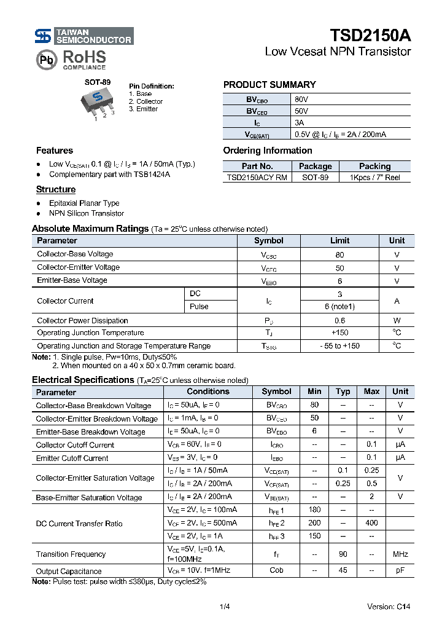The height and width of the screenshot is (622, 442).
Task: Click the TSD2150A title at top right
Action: [370, 36]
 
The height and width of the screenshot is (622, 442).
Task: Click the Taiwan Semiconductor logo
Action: [83, 36]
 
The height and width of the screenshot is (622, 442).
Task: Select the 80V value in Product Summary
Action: [301, 99]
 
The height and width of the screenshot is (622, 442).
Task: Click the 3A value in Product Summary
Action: [300, 122]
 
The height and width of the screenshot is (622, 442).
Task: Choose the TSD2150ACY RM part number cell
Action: [257, 178]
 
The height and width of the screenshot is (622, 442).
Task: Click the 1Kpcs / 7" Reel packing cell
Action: [374, 178]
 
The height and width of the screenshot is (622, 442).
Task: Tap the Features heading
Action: [54, 151]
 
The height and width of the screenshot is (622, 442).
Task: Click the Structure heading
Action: [56, 190]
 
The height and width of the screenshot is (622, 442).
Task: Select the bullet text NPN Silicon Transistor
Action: [87, 213]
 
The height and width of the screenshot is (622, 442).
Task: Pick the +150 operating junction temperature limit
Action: [339, 333]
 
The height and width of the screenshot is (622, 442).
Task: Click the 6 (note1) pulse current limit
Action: [339, 307]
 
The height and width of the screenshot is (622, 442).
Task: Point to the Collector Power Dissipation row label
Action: [82, 320]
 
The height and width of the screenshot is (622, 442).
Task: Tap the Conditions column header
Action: [208, 392]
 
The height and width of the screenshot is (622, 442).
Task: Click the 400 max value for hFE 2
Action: [371, 523]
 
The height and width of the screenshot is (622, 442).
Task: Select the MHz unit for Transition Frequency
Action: [400, 554]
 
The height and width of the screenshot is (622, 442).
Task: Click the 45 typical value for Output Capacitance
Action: [343, 571]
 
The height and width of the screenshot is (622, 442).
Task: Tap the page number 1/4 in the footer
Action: [224, 607]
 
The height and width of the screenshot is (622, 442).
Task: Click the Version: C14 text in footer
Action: [388, 607]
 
